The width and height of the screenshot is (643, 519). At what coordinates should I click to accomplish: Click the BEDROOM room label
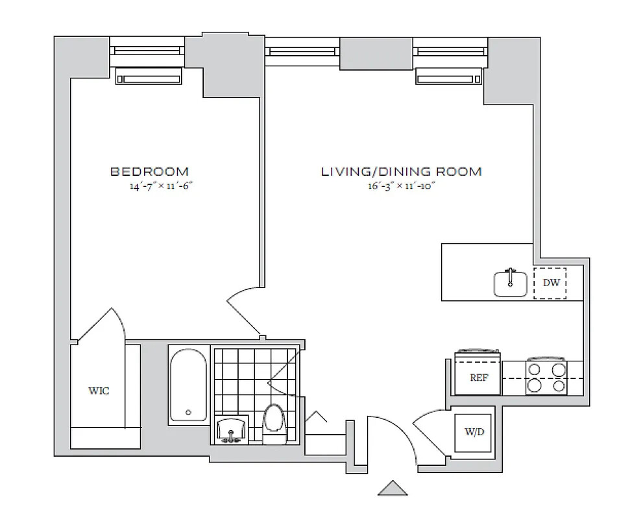[x=150, y=171]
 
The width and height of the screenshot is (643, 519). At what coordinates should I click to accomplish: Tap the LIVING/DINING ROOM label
[x=401, y=171]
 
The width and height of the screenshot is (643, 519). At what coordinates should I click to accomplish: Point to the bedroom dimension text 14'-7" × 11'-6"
[x=161, y=186]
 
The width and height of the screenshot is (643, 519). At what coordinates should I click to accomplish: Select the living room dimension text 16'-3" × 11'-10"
[x=401, y=186]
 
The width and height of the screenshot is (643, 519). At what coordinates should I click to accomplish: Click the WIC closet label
[x=99, y=391]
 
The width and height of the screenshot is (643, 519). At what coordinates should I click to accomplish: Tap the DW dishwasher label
[x=551, y=282]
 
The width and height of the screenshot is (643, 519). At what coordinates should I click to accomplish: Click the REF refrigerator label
[x=479, y=377]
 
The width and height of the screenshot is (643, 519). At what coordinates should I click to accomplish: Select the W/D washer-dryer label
[x=474, y=431]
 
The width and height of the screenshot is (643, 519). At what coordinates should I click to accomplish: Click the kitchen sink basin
[x=510, y=284]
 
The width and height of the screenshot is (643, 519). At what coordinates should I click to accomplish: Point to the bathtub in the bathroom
[x=188, y=385]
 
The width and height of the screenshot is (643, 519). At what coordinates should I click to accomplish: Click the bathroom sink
[x=231, y=429]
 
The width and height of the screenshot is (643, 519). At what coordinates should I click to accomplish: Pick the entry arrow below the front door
[x=393, y=488]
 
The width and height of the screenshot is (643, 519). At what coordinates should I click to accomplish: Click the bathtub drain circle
[x=189, y=412]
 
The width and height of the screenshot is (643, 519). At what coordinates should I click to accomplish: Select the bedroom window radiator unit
[x=149, y=77]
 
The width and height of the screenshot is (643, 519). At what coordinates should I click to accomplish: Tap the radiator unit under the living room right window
[x=448, y=77]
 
